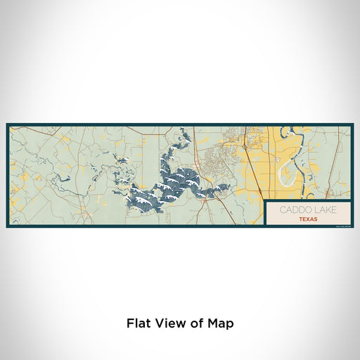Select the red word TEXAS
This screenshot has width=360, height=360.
307,219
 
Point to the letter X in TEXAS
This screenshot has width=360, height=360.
307,219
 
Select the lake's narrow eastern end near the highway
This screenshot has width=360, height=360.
224,187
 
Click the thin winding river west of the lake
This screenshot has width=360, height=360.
98,176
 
